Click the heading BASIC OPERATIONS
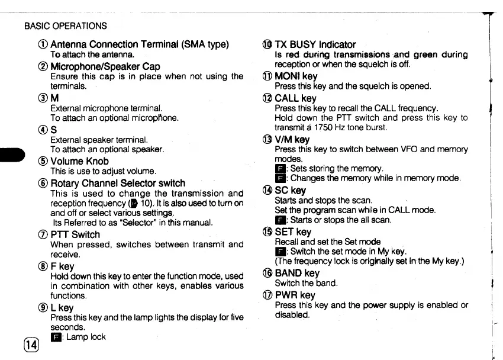pyautogui.click(x=65, y=26)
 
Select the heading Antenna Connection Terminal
pyautogui.click(x=139, y=44)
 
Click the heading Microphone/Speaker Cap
pyautogui.click(x=105, y=66)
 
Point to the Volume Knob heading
pyautogui.click(x=79, y=161)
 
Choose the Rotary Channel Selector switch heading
pyautogui.click(x=118, y=183)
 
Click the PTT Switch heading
pyautogui.click(x=75, y=234)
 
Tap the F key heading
pyautogui.click(x=62, y=266)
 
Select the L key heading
pyautogui.click(x=62, y=307)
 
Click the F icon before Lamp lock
pyautogui.click(x=56, y=337)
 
